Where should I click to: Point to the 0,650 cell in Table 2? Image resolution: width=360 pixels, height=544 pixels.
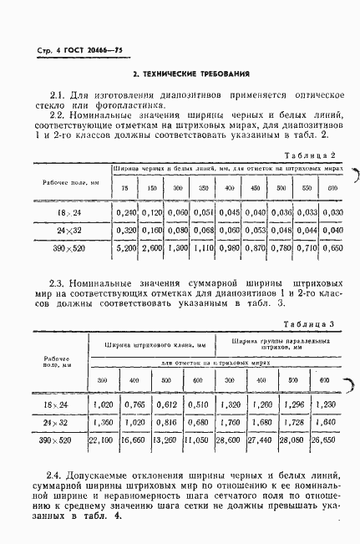point(333,249)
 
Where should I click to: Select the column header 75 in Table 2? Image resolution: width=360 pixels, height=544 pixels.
point(125,188)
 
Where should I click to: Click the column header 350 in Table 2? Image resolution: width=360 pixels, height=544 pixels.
point(203,188)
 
